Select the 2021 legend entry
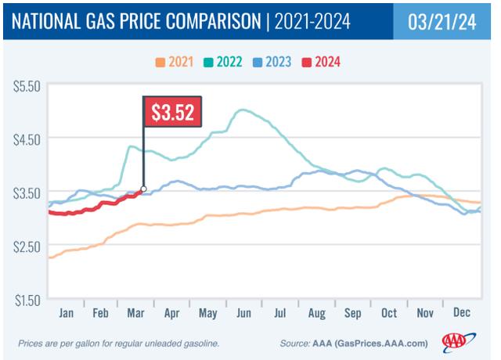click(179, 61)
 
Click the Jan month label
click(67, 312)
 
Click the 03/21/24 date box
click(444, 22)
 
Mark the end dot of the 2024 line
click(143, 189)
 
